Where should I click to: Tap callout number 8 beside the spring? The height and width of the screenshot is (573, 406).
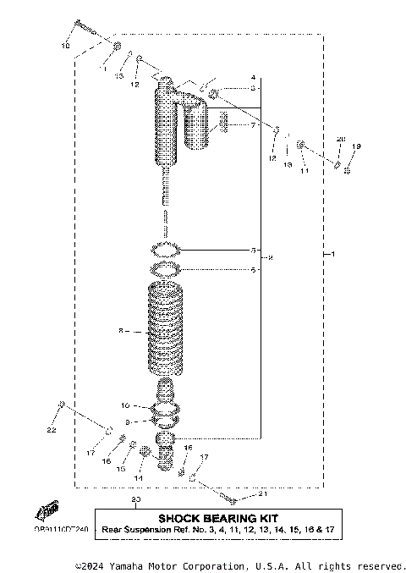[x=121, y=333]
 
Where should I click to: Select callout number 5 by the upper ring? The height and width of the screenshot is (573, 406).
[x=253, y=251]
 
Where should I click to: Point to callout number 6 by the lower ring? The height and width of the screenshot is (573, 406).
[x=253, y=270]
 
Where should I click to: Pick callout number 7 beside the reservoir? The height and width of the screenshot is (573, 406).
[x=252, y=125]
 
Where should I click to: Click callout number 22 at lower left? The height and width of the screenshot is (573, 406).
[x=51, y=431]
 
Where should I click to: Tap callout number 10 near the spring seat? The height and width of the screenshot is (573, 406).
[x=124, y=405]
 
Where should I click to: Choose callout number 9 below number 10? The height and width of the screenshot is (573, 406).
[x=127, y=421]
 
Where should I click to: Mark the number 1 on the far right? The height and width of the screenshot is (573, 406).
[x=333, y=255]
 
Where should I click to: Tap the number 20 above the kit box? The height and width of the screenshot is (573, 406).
[x=135, y=500]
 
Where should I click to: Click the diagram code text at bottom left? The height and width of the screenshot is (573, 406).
[x=61, y=529]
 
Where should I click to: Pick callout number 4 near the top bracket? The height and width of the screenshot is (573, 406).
[x=253, y=77]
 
